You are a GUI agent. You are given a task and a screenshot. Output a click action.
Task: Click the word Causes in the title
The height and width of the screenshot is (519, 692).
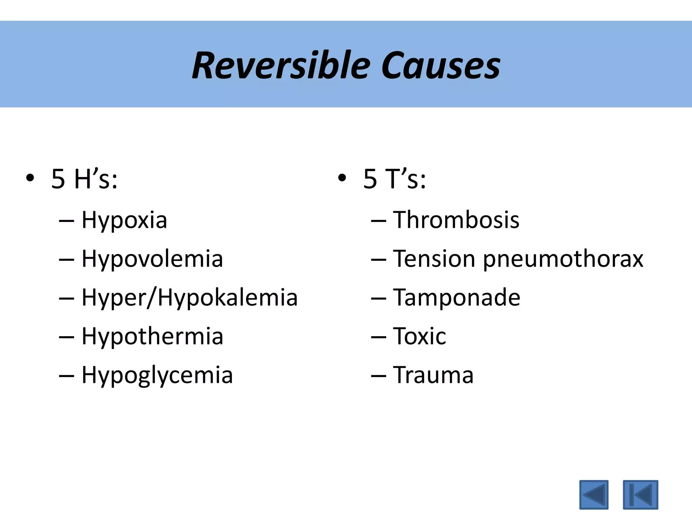[441, 66]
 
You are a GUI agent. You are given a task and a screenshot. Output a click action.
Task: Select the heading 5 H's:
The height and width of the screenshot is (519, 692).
[84, 179]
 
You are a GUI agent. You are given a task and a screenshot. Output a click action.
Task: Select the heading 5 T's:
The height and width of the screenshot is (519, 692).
[394, 179]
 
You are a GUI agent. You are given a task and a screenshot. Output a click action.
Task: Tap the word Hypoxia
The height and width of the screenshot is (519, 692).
[124, 220]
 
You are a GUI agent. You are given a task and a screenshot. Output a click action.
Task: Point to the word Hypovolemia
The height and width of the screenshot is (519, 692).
[152, 259]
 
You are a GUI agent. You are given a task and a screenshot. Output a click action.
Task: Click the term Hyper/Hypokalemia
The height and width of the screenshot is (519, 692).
[190, 298]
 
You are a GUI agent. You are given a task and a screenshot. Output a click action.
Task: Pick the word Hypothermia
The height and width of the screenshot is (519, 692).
[152, 337]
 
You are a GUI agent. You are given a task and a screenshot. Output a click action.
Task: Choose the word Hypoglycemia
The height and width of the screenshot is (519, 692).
[157, 375]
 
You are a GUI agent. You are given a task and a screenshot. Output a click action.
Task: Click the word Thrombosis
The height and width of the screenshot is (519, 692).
[456, 220]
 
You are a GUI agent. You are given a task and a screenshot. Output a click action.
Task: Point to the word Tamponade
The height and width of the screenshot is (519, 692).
[456, 298]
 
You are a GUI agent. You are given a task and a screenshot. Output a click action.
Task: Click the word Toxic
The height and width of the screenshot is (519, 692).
[419, 337]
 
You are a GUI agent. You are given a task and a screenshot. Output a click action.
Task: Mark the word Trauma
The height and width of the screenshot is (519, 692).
[433, 375]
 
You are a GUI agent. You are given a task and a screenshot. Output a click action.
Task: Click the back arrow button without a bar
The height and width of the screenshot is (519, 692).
[594, 495]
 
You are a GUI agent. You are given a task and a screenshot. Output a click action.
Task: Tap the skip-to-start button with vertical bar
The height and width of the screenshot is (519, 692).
[640, 495]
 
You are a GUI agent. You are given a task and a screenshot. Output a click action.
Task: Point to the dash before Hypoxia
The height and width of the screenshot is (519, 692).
[66, 221]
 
